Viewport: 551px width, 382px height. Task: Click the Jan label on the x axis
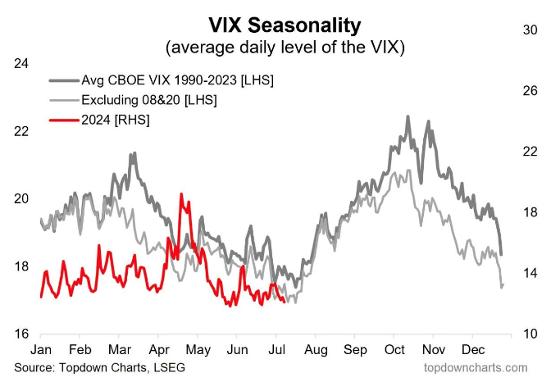pos(41,348)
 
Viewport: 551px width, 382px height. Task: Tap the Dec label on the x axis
pos(472,348)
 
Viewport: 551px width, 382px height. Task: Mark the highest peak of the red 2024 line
pos(181,194)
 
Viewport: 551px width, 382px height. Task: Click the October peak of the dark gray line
pos(408,116)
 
